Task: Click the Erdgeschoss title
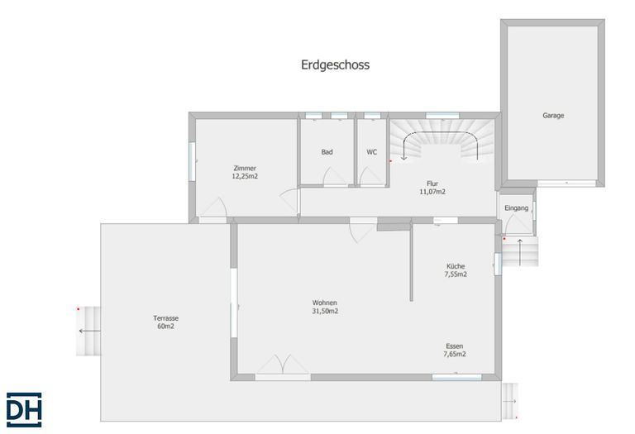coord(335,64)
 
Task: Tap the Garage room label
coord(553,116)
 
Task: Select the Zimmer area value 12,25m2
coord(245,176)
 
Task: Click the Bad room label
coord(327,152)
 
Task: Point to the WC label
coord(372,152)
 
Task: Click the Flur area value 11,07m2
coord(432,192)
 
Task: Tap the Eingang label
coord(516,208)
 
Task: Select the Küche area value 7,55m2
coord(456,274)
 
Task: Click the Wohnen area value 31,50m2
coord(325,311)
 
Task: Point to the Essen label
coord(455,346)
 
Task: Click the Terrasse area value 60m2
coord(165,326)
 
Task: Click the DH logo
coord(24,410)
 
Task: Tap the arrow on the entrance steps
coord(520,252)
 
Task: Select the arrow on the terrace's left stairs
coord(89,331)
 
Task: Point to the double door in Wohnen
coord(283,364)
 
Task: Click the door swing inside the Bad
coord(334,177)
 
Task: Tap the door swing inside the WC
coord(370,176)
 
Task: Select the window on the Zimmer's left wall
coord(192,160)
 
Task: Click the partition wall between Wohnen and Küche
coord(411,261)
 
